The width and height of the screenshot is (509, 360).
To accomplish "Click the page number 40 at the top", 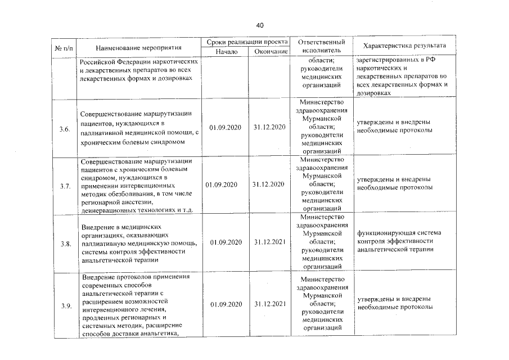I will (260, 25).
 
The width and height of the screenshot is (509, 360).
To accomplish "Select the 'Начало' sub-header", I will (227, 52).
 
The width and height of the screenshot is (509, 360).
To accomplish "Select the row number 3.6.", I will (65, 129).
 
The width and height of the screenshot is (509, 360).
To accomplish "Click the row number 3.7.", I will (65, 186).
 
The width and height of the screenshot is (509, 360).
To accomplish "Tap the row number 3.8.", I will (65, 243).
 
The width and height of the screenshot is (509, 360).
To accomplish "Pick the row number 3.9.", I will (65, 305).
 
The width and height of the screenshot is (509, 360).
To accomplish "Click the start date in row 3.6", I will (226, 128).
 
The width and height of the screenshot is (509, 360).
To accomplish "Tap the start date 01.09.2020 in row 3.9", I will (226, 304).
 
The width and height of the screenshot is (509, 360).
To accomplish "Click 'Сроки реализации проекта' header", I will (247, 42).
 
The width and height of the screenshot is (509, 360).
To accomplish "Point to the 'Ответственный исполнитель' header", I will (321, 46).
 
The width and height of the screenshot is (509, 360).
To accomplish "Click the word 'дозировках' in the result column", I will (373, 93).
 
